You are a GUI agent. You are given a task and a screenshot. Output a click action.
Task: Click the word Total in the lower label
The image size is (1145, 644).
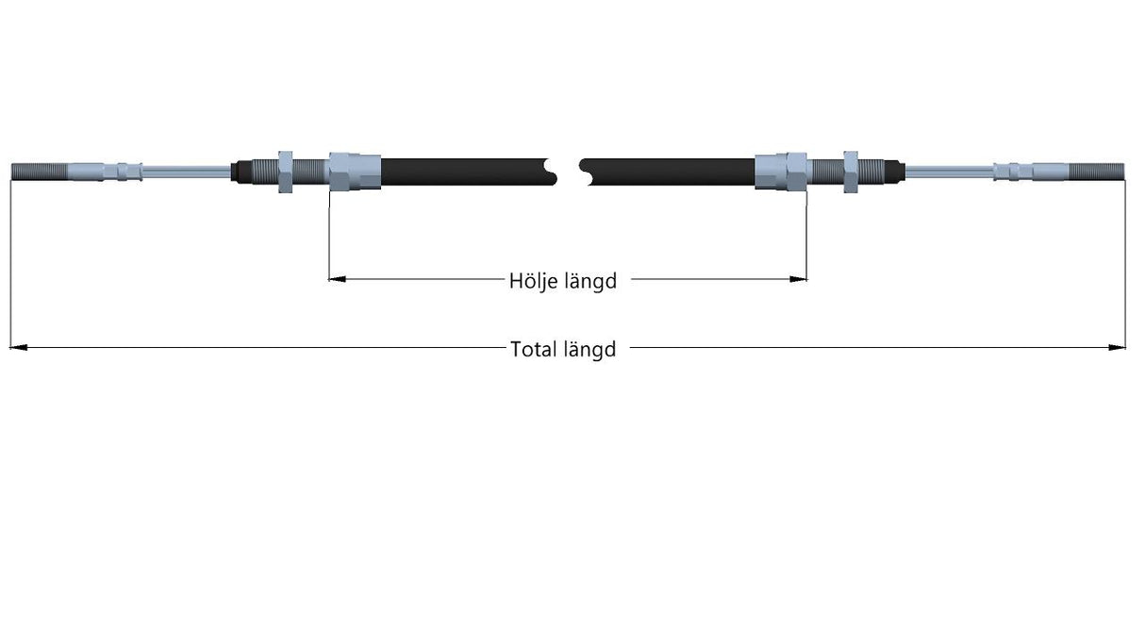(534, 350)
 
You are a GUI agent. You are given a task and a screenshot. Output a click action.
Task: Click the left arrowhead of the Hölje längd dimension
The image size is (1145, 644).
(337, 279)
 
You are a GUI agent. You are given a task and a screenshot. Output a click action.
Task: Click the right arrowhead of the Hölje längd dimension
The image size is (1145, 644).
(799, 279)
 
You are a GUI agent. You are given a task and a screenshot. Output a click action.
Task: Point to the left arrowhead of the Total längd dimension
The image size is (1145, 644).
(19, 348)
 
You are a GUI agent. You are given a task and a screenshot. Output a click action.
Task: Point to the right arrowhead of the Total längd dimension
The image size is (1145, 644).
(1117, 348)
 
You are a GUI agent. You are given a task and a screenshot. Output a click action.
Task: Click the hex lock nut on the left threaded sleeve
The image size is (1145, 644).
(285, 172)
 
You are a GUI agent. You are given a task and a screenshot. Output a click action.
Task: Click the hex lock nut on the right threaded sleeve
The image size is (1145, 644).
(851, 172)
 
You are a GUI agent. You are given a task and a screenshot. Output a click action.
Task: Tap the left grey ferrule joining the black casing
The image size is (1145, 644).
(355, 172)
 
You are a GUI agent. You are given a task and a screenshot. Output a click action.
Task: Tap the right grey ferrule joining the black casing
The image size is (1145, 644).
(781, 172)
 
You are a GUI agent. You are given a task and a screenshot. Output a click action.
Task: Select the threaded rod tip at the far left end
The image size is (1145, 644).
(40, 172)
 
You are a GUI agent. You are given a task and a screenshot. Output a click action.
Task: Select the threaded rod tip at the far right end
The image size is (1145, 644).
(1097, 172)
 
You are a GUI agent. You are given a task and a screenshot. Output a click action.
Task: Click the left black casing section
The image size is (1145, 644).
(469, 172)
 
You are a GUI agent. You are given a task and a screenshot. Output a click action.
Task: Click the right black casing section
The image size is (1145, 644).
(667, 172)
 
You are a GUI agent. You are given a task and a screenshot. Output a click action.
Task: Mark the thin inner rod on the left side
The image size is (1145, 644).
(187, 172)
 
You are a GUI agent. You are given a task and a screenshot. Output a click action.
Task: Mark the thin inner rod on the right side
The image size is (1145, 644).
(950, 172)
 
